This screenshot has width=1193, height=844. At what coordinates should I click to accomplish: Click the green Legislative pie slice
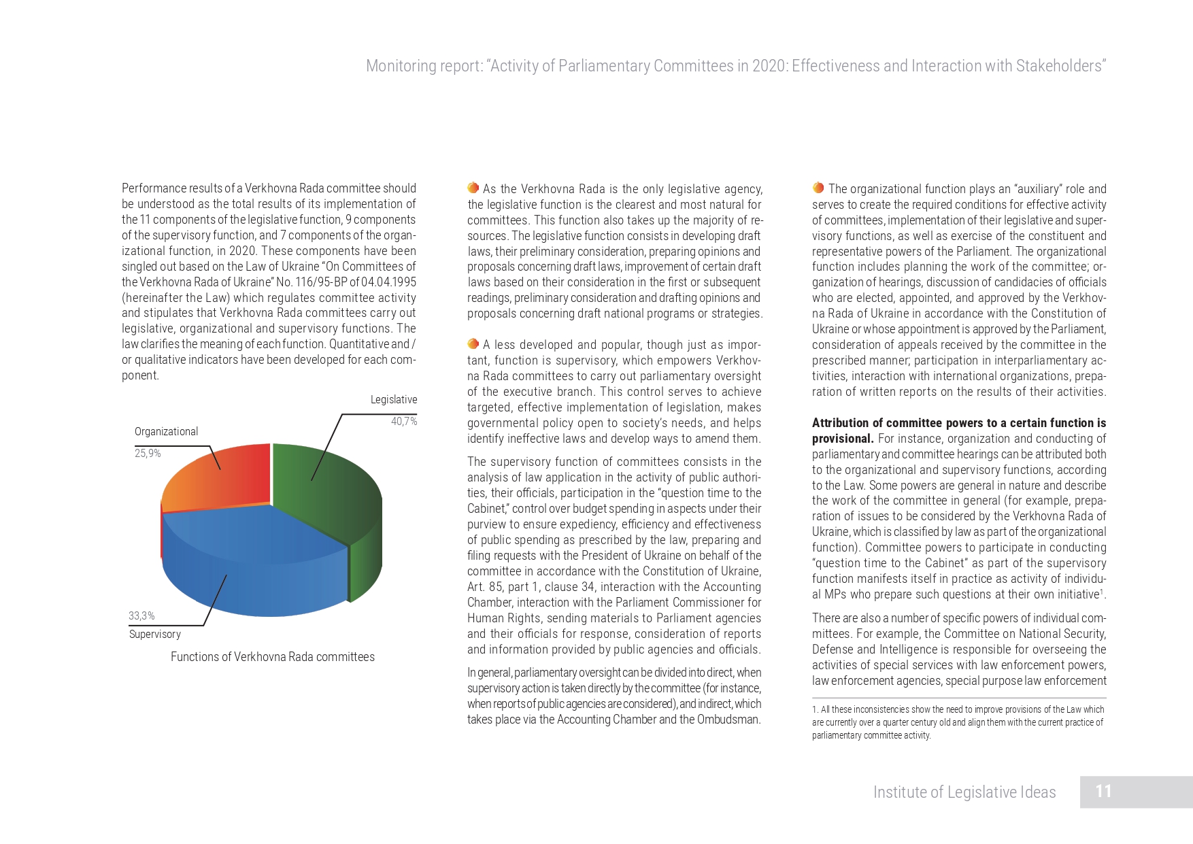tap(326, 490)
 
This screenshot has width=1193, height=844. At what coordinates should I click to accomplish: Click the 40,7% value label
tap(404, 422)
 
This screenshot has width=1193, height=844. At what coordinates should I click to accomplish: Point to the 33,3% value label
tap(141, 616)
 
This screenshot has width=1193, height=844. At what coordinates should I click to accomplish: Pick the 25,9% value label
tap(148, 454)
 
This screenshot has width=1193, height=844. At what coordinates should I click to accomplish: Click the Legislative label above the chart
tap(394, 400)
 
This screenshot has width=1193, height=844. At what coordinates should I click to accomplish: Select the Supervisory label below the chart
tap(155, 635)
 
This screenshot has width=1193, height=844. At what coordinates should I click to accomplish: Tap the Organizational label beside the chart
tap(166, 432)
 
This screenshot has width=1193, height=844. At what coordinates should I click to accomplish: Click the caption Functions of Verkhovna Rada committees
tap(272, 657)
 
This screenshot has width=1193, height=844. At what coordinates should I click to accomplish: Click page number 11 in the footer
tap(1103, 792)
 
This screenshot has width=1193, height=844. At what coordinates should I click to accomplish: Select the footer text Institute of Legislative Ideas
tap(964, 792)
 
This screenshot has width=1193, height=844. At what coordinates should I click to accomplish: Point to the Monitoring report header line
tap(736, 66)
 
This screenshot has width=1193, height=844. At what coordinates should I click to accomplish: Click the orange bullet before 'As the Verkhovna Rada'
tap(473, 188)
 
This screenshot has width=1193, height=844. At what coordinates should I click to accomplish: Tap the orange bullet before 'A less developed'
tap(473, 344)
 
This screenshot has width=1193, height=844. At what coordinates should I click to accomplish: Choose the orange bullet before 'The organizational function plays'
tap(818, 188)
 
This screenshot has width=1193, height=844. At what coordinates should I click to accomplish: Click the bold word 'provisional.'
tap(842, 439)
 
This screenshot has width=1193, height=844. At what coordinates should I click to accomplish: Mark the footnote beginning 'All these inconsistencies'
tap(958, 722)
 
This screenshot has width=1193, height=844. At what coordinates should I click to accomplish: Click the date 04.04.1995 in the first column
tap(388, 282)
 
